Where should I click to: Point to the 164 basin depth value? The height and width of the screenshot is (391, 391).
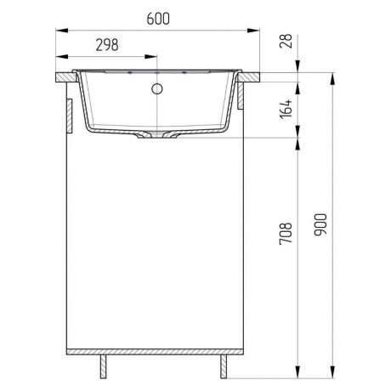pos(286,109)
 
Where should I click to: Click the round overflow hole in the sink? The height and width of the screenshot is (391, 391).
pos(158,88)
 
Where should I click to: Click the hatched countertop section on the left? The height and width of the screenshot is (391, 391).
pos(65,77)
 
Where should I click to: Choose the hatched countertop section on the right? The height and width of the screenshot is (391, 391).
pos(248,77)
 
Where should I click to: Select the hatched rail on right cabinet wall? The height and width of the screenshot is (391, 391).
pos(244,98)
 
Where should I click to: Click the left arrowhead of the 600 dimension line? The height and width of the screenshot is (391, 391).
pos(59,31)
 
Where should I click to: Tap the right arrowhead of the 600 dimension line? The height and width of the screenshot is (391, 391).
pos(257,31)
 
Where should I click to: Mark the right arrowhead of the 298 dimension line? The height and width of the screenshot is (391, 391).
pos(156,56)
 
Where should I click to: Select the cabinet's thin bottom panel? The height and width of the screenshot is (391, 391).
pos(158,353)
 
